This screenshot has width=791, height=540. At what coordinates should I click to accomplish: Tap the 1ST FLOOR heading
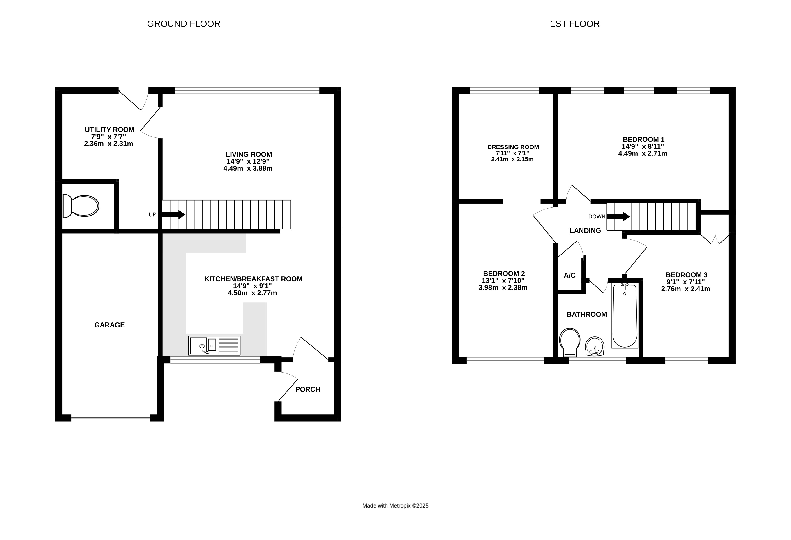pos(575,24)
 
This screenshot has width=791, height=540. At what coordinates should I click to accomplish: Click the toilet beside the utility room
pos(81,206)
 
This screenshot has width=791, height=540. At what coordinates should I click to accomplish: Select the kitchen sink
pos(214,345)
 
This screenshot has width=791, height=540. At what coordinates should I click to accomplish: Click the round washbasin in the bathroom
pos(594,346)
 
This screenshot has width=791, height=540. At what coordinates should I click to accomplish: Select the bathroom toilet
pos(570,342)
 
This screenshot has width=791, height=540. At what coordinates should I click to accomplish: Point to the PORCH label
pos(308,389)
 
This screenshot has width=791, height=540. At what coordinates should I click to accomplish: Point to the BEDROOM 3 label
pos(687,275)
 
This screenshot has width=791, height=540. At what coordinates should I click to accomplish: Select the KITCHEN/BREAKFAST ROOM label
pos(253,279)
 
